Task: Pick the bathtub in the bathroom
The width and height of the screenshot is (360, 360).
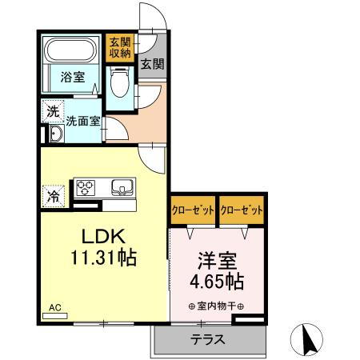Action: coord(70,52)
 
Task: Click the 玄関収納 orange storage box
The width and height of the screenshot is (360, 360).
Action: coord(119,47)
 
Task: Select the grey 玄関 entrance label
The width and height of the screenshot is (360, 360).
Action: coord(152,65)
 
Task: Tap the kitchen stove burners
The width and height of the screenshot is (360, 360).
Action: coord(86,188)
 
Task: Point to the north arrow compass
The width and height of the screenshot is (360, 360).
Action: coord(307,339)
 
